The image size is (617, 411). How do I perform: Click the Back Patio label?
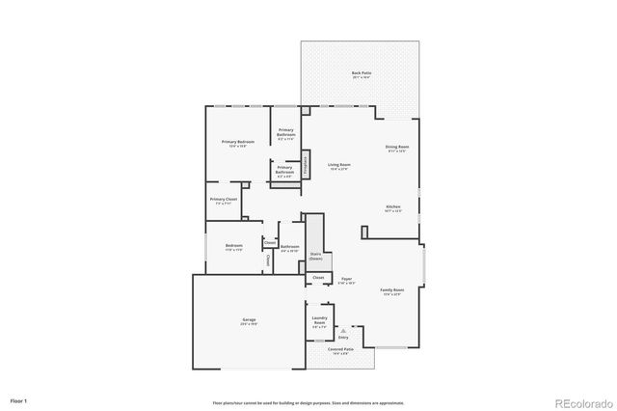[361, 74]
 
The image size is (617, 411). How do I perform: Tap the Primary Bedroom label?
[237, 143]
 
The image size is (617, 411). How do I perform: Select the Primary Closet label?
[224, 201]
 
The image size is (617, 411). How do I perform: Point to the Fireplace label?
[306, 163]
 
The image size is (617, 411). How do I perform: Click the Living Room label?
[338, 166]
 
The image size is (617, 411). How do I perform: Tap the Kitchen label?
[393, 208]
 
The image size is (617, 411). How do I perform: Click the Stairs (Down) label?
[315, 257]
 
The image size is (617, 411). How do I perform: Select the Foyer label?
[346, 281]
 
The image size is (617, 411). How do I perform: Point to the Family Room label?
[391, 291]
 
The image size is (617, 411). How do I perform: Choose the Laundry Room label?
[321, 321]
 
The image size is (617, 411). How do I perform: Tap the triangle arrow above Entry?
[343, 331]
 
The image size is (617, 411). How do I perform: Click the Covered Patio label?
[340, 351]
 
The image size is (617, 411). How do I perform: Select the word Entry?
[343, 338]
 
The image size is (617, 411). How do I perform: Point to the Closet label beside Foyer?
[318, 278]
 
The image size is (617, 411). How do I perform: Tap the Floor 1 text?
[19, 399]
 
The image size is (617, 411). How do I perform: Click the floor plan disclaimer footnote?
[308, 402]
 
